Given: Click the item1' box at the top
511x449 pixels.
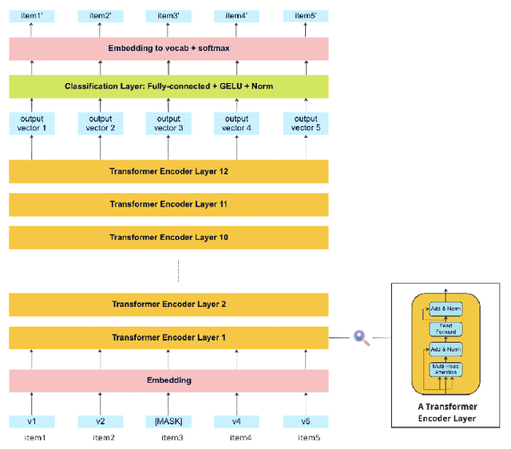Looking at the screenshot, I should point(32,15).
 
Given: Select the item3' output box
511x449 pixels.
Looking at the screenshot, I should point(168,15).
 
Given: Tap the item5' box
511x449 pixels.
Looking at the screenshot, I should point(306,15).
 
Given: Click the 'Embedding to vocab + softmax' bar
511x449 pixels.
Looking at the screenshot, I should point(168,49).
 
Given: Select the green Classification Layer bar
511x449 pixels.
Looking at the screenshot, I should point(168,86).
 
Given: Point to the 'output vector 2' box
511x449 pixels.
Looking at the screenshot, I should point(101,124).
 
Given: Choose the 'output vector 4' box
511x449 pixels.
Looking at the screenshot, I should point(237,124).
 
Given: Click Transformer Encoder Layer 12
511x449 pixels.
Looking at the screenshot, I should point(168,171).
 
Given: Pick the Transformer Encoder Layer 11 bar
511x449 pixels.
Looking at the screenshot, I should point(168,204).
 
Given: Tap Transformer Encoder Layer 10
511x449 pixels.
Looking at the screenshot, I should point(168,237).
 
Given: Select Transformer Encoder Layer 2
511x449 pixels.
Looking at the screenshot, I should point(168,304).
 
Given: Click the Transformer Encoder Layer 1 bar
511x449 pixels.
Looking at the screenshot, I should point(168,337).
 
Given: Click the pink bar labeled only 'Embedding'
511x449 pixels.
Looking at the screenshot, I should point(168,380).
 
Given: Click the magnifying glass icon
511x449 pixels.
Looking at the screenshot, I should point(362,338).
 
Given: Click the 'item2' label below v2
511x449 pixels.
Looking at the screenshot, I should point(101,437).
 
